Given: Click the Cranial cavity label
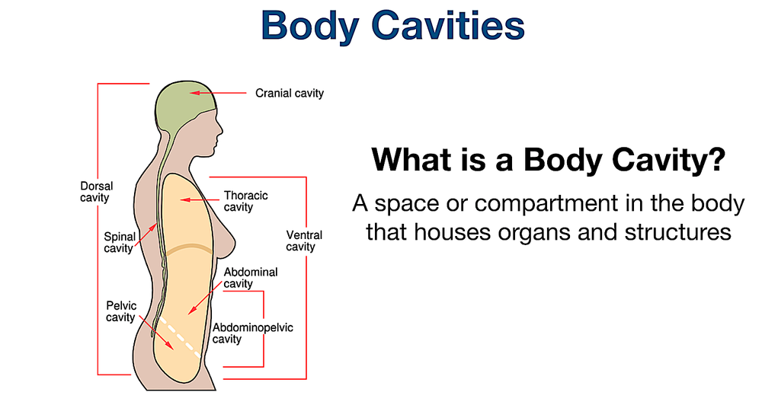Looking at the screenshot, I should click(290, 94).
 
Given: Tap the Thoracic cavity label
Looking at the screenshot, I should click(245, 201).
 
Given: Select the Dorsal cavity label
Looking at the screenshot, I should click(94, 192).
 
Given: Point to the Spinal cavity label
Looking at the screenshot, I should click(120, 242).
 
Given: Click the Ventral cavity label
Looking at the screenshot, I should click(304, 241).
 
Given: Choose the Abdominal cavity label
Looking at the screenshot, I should click(251, 278).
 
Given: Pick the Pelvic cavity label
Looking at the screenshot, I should click(121, 311).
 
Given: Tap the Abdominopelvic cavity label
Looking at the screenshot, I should click(252, 333).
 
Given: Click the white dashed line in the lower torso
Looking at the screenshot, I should click(181, 335).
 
